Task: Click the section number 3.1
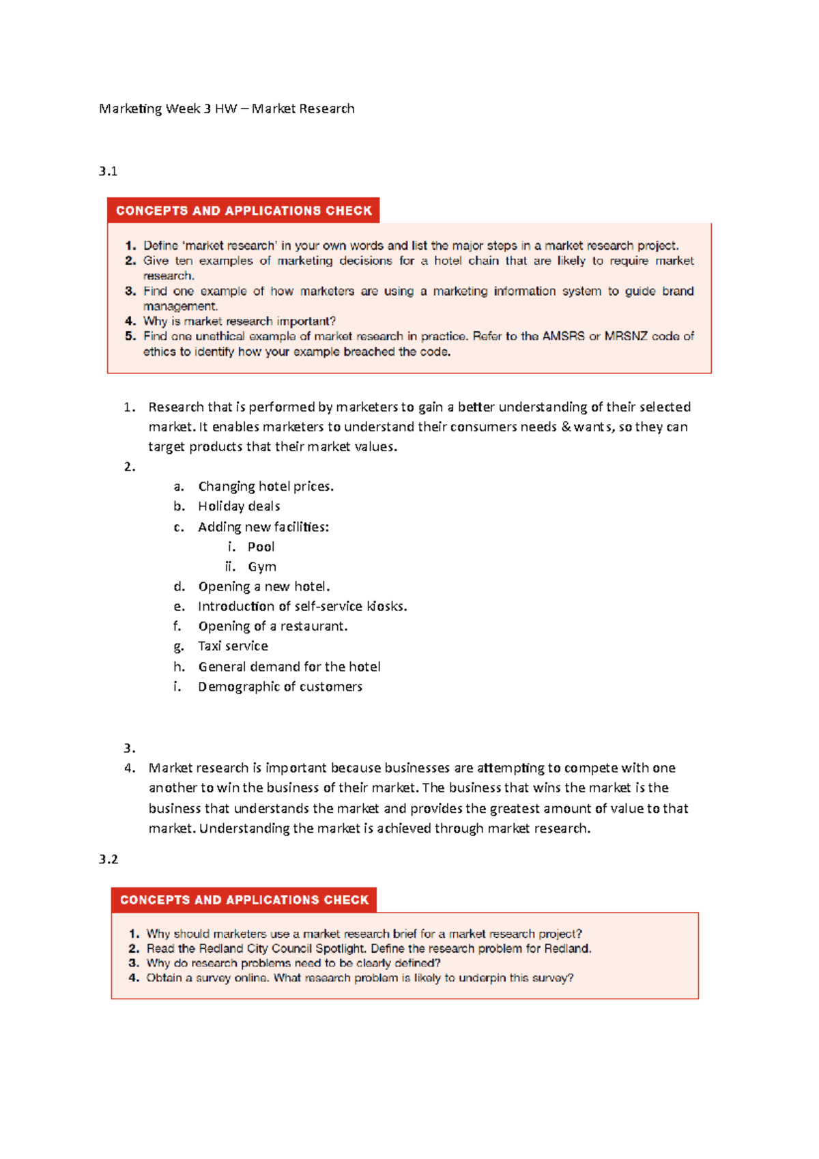[108, 171]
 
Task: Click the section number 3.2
[108, 859]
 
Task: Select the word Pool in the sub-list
[261, 547]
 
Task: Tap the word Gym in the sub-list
[262, 567]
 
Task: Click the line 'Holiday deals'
[239, 506]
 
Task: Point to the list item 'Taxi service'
[233, 646]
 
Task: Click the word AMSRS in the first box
[563, 337]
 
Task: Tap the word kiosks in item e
[386, 606]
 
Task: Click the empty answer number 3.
[130, 748]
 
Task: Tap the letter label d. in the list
[179, 586]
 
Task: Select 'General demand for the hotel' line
[289, 667]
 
